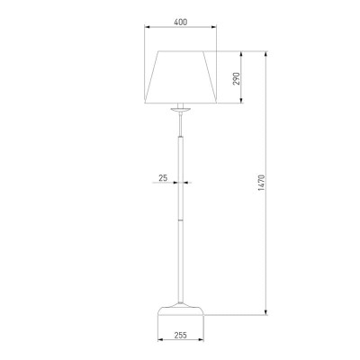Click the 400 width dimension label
[x=181, y=22]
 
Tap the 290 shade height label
[x=237, y=78]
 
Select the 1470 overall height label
[x=261, y=183]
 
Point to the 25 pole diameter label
[x=163, y=178]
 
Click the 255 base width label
[x=180, y=335]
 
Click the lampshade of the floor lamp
[x=181, y=77]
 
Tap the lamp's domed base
[x=181, y=310]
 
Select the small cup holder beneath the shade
[x=180, y=109]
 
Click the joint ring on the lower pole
[x=180, y=220]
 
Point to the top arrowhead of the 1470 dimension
[x=265, y=54]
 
